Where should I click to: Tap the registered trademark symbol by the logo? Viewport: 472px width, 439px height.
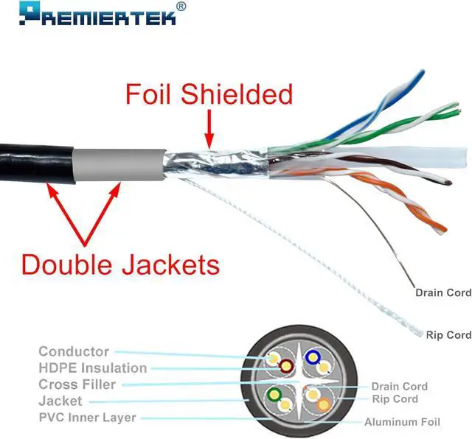click(x=181, y=7)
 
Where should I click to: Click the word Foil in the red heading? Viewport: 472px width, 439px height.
click(x=151, y=94)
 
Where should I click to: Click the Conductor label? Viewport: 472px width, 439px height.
click(x=74, y=352)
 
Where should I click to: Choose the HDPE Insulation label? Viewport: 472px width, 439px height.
click(x=92, y=368)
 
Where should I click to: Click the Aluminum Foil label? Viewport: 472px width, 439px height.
click(x=402, y=422)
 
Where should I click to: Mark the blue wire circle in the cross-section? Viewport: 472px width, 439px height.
click(x=313, y=359)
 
